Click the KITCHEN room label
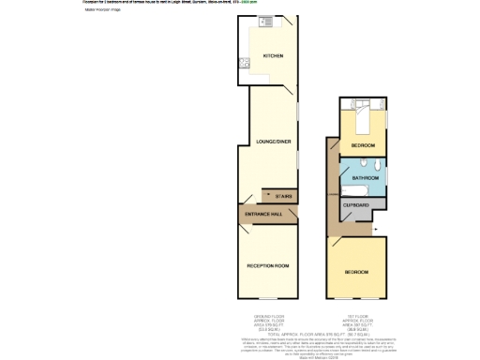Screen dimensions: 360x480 point(273,55)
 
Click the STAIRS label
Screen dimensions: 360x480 point(283,196)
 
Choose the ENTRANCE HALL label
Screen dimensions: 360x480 point(263,215)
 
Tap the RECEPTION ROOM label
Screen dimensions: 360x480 point(267,267)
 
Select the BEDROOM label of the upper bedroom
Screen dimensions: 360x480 point(363,146)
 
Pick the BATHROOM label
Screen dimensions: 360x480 point(365,176)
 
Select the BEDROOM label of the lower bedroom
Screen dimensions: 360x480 point(355,272)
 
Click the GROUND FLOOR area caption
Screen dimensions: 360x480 point(268,322)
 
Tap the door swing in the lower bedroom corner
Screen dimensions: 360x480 point(334,243)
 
